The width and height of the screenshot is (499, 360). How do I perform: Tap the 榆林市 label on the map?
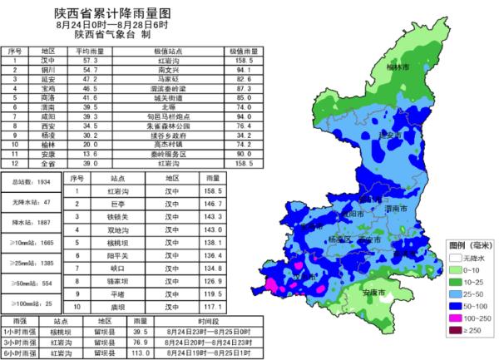(398, 67)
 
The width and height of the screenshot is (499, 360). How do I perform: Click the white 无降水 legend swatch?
(452, 259)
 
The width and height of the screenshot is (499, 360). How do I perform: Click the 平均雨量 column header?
(90, 52)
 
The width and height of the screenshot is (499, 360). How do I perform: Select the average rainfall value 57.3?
(90, 61)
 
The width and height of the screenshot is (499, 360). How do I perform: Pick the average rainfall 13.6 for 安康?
(90, 154)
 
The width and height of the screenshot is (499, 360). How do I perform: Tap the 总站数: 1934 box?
(32, 180)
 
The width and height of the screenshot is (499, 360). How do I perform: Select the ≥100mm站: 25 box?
(32, 304)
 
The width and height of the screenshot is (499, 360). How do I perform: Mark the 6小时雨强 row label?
(19, 350)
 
